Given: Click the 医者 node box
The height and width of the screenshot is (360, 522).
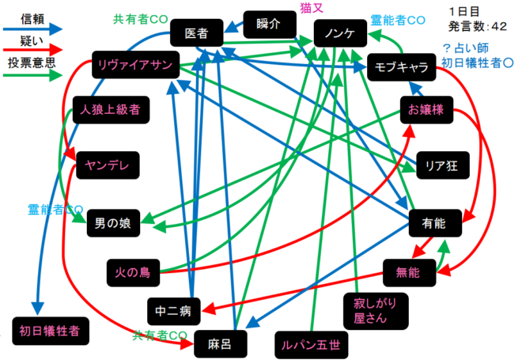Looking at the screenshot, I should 196,34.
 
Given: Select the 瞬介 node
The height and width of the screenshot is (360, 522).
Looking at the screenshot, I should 269,24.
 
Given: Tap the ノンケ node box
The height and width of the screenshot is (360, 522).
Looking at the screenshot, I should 339,34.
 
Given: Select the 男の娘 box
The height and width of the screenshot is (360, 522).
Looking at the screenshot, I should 112,225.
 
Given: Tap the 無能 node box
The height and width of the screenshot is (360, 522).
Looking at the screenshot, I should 410,272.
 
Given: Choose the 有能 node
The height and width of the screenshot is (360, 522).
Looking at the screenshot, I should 433,225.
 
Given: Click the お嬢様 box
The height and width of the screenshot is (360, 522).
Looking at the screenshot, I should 426,111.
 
